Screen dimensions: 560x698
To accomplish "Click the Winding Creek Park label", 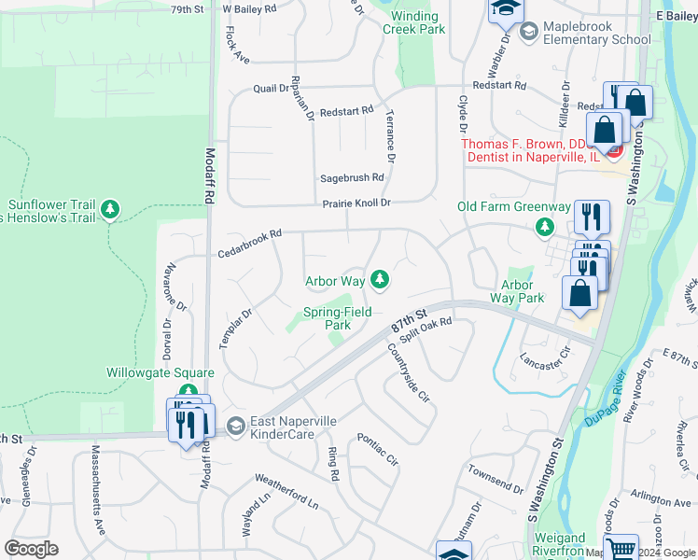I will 413,22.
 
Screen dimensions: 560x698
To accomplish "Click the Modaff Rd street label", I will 210,176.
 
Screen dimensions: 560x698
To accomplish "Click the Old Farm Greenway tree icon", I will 545,227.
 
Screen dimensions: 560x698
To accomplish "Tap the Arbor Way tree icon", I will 380,278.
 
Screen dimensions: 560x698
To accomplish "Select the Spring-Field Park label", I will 326,319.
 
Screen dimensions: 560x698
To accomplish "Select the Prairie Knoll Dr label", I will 356,203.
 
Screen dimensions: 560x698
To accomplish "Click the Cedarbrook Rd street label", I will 249,245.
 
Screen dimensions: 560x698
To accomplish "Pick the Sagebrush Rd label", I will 352,177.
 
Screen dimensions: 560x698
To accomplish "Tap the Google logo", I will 32,549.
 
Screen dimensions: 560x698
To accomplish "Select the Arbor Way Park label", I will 517,292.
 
